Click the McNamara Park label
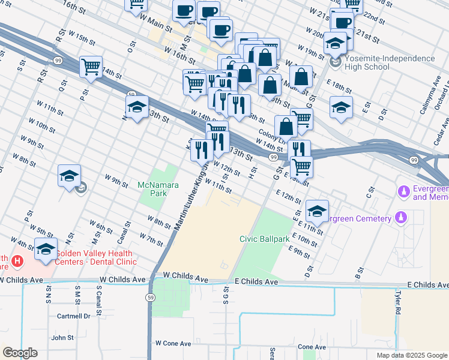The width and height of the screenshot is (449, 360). click(158, 190)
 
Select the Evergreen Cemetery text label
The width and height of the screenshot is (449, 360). click(360, 218)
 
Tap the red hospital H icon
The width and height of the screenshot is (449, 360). click(18, 262)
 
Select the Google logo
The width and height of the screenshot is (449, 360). click(20, 352)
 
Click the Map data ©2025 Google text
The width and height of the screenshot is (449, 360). click(411, 355)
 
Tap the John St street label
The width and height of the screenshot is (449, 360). click(62, 338)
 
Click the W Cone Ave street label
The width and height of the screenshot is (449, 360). click(173, 343)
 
